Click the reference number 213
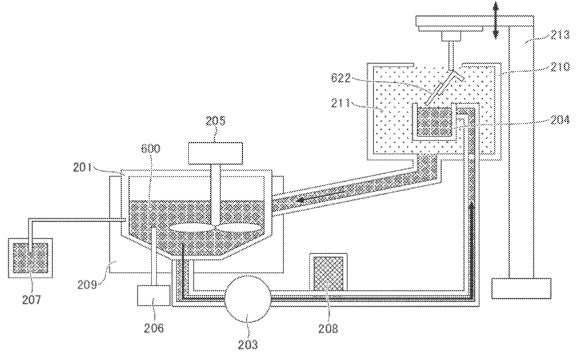[x=561, y=35]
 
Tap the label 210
[x=560, y=67]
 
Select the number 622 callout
[x=340, y=78]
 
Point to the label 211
[x=341, y=103]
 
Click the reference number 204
[x=560, y=120]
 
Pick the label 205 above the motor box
[x=215, y=121]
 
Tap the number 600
[x=150, y=149]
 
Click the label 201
[x=82, y=167]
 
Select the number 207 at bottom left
[x=31, y=300]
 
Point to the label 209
[x=87, y=285]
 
